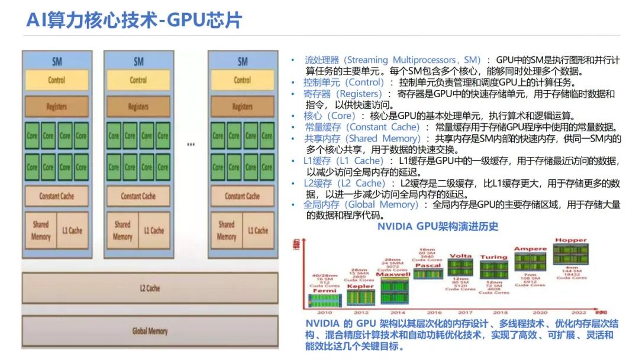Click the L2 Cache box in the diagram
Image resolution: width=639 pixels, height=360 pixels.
tap(150, 288)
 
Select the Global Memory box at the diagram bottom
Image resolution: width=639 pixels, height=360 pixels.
tap(150, 331)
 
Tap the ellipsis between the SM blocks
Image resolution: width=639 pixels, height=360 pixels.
tap(191, 144)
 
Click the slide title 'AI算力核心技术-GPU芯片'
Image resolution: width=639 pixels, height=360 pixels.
tap(134, 20)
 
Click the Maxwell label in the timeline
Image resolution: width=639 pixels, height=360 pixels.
tap(393, 275)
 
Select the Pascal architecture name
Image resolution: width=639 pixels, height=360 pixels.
tap(428, 266)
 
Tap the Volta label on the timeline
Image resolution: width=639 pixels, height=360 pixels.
tap(460, 256)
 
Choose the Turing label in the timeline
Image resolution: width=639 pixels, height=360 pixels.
tap(493, 257)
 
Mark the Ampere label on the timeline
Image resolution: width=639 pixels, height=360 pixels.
tap(530, 249)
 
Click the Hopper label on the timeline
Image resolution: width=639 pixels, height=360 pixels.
tap(571, 240)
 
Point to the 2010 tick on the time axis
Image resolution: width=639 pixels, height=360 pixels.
tap(325, 312)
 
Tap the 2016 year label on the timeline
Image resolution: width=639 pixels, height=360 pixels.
tap(434, 312)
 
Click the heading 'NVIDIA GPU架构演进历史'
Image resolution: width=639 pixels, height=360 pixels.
tap(438, 226)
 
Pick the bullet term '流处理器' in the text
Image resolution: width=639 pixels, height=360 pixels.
tap(321, 60)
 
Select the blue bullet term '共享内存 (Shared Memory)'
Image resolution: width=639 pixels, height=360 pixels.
tap(362, 139)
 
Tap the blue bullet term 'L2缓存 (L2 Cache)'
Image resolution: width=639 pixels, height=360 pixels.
tap(344, 183)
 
